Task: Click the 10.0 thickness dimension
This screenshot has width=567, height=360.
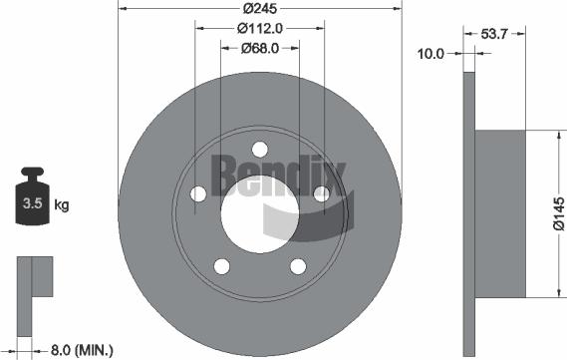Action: coord(431,54)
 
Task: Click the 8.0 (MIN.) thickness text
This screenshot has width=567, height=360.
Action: coord(81,350)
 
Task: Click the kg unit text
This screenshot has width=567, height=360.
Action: coord(61,205)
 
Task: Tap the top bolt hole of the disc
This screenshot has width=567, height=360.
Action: coord(259,150)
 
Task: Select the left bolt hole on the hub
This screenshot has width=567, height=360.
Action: coord(197,193)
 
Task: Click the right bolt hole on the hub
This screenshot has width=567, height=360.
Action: coord(321,193)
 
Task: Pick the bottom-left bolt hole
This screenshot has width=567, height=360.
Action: coord(221,266)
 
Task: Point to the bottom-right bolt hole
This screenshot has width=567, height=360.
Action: coord(297,266)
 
